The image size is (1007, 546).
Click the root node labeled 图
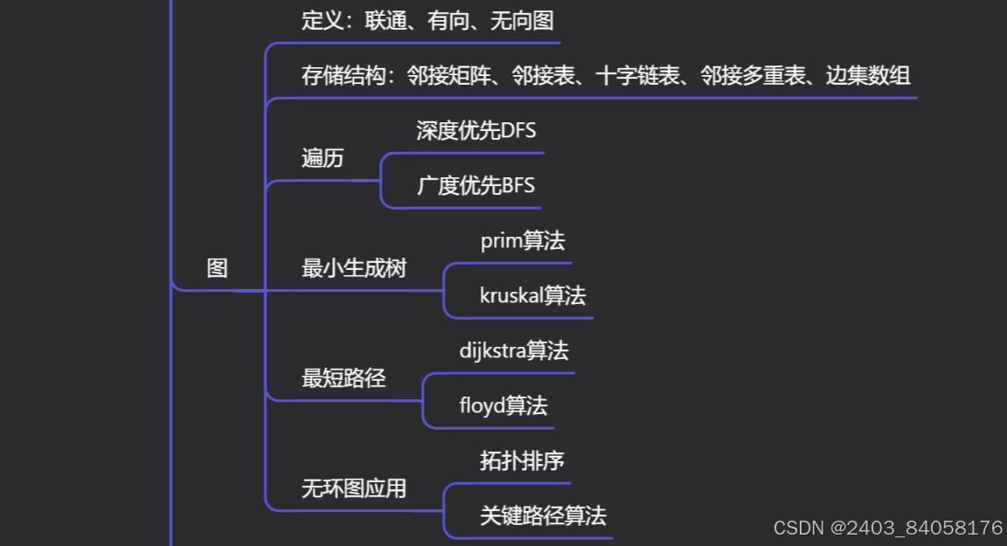(x=217, y=268)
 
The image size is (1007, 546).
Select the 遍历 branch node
(x=323, y=158)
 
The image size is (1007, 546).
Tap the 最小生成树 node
(x=354, y=268)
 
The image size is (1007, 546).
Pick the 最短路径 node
(x=344, y=378)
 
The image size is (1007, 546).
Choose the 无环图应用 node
(x=354, y=488)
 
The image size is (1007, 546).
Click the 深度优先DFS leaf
(x=476, y=131)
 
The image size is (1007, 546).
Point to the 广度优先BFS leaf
(x=476, y=186)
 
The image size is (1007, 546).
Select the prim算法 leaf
(x=523, y=241)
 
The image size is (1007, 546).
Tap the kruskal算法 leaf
(x=532, y=295)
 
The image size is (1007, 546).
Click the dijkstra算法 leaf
(x=514, y=351)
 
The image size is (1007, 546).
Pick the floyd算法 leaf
(x=503, y=405)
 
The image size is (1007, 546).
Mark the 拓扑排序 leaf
(x=522, y=460)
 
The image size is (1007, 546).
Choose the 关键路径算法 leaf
(x=543, y=515)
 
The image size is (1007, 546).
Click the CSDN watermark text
(x=888, y=528)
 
